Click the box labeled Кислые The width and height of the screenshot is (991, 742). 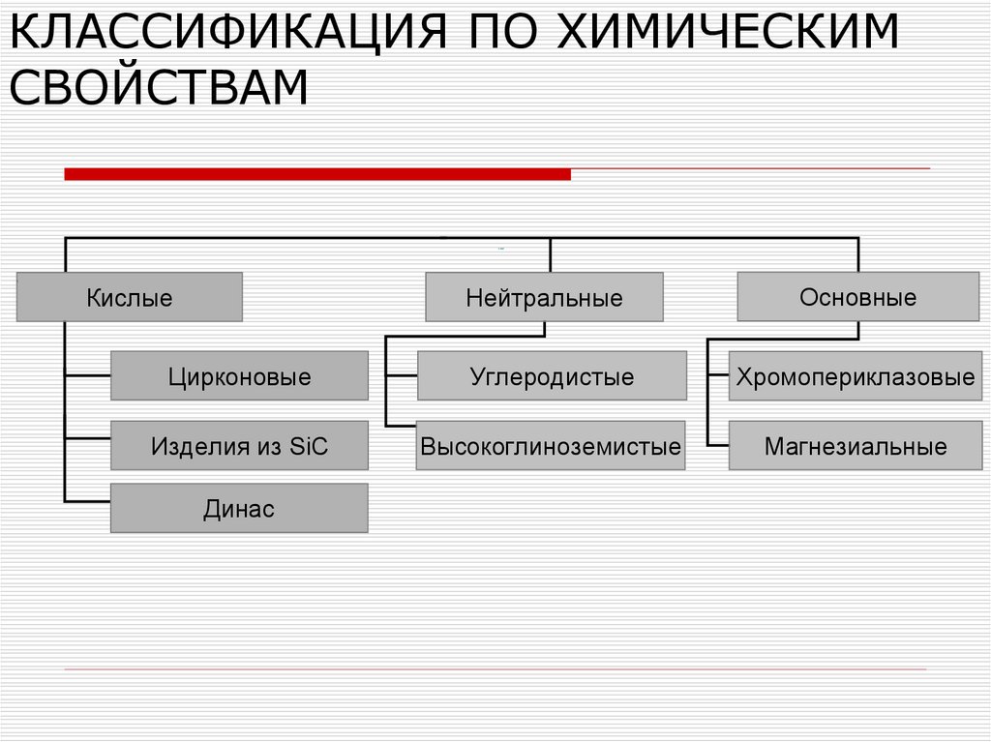click(x=129, y=297)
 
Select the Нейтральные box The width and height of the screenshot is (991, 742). click(x=544, y=297)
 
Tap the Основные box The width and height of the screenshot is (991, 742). click(x=857, y=297)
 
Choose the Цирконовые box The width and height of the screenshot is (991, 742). click(x=239, y=375)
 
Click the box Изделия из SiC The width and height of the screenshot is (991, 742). click(x=239, y=446)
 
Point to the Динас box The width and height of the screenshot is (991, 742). click(x=239, y=509)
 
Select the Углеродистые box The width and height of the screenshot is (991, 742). click(x=552, y=375)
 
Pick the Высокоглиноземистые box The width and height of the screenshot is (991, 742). click(x=550, y=446)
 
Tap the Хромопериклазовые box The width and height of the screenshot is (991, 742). click(x=855, y=375)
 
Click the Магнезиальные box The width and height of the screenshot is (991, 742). click(x=855, y=446)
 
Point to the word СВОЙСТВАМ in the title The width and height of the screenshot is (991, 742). click(x=159, y=88)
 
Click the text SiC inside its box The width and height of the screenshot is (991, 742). click(x=309, y=446)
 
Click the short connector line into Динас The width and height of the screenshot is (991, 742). click(x=87, y=500)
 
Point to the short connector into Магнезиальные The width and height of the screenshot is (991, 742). click(x=717, y=445)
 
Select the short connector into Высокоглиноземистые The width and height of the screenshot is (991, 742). click(x=400, y=426)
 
